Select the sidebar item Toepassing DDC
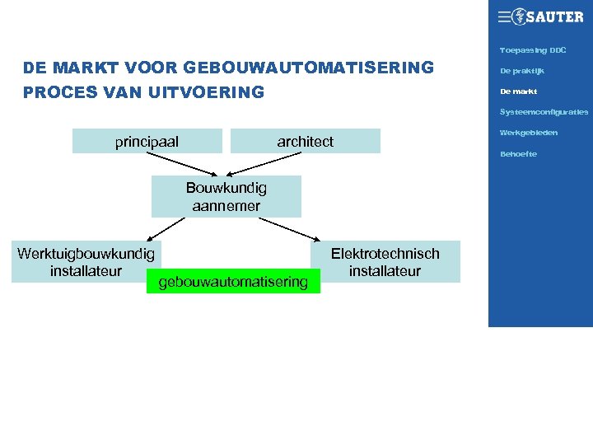[x=532, y=51]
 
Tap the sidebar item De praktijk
[x=521, y=71]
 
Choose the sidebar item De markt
[x=518, y=91]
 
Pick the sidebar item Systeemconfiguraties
[x=544, y=112]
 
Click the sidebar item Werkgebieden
[x=528, y=133]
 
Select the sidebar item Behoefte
[x=518, y=154]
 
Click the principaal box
[x=147, y=142]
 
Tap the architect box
[x=305, y=142]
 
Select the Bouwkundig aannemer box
[x=226, y=197]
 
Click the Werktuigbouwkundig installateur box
[x=86, y=262]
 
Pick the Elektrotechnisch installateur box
[x=385, y=262]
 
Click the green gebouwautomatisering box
[x=233, y=283]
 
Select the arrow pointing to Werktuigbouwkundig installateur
[x=168, y=227]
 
